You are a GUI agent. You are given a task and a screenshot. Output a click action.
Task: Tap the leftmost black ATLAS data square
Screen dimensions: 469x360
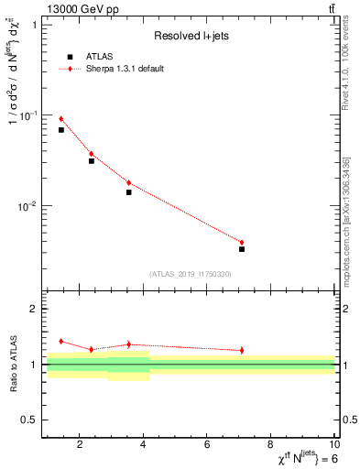point(61,130)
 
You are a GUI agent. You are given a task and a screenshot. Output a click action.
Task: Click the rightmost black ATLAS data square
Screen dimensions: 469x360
point(242,249)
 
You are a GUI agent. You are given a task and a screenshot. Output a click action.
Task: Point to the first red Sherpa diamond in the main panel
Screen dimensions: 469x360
point(61,119)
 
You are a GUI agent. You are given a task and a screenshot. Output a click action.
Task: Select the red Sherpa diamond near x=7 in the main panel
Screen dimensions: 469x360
point(242,243)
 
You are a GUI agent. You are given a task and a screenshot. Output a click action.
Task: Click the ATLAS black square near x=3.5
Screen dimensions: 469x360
point(129,192)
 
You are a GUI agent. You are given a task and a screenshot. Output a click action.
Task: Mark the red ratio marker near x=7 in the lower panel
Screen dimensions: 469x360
point(242,350)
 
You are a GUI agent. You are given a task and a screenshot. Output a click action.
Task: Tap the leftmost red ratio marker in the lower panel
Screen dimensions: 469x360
point(61,341)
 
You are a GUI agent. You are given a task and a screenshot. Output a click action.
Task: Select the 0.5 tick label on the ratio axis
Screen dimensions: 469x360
point(28,420)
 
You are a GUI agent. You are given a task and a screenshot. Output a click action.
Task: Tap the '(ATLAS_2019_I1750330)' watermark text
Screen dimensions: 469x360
point(190,274)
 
